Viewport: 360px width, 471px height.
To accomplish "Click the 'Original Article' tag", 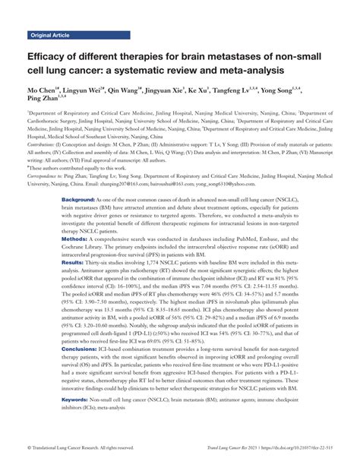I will pyautogui.click(x=50, y=36).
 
